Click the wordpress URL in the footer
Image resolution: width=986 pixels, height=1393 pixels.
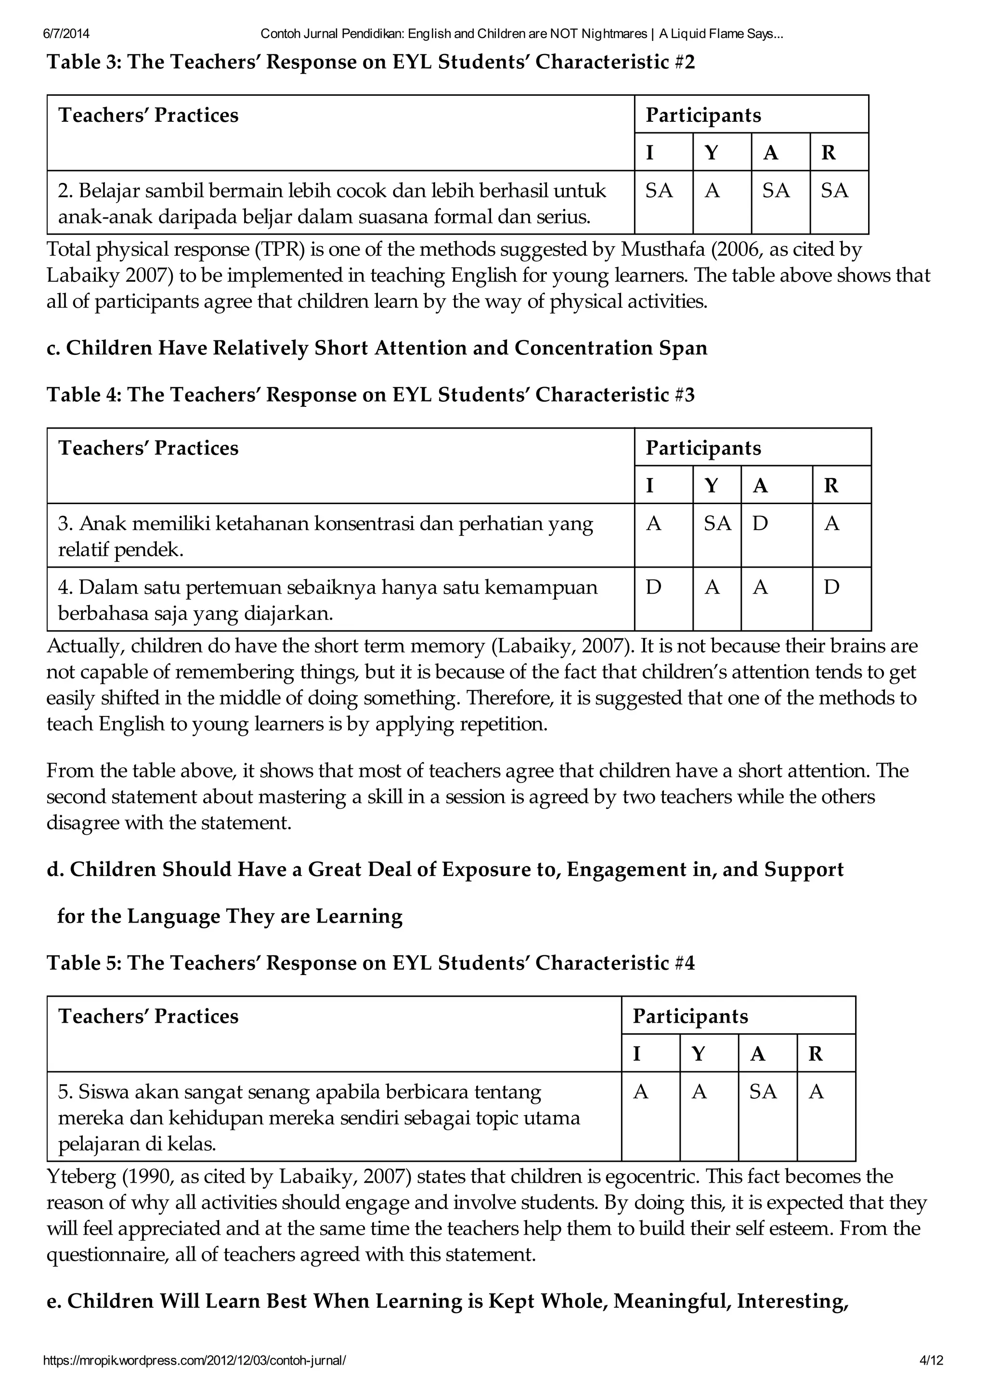click(x=195, y=1360)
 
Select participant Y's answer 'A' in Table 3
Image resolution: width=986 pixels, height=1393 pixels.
click(x=712, y=191)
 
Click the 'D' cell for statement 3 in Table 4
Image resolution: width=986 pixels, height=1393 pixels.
click(x=760, y=523)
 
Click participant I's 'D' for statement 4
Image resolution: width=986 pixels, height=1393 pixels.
click(x=653, y=587)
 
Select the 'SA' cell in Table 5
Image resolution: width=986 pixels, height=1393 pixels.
click(x=763, y=1092)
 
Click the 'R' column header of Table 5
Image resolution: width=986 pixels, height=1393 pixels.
click(x=816, y=1054)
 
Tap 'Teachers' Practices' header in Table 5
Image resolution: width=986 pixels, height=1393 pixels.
click(x=148, y=1016)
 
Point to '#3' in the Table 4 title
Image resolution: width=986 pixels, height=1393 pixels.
click(x=684, y=395)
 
